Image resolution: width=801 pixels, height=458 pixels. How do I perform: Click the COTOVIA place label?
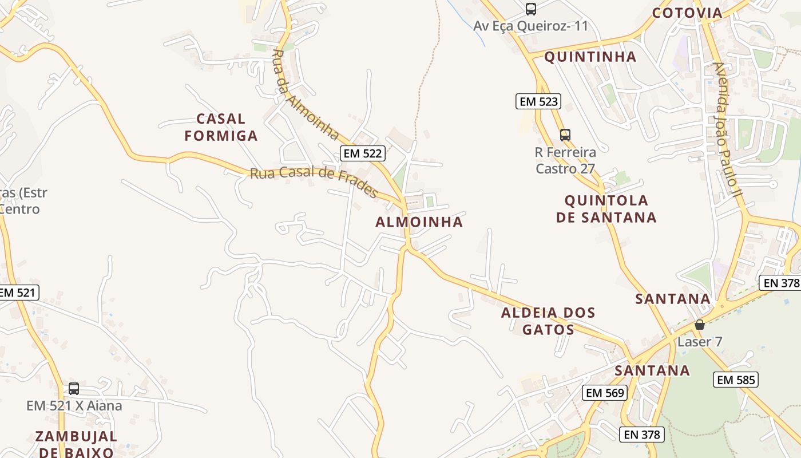click(687, 13)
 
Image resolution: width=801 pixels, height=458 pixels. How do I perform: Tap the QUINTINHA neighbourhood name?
click(590, 57)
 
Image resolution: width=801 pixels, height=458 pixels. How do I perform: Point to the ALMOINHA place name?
click(419, 222)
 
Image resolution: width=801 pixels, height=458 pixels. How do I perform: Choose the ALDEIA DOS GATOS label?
click(548, 321)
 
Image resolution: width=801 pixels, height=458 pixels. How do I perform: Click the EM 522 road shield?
click(362, 153)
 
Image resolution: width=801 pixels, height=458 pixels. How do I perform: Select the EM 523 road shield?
click(538, 102)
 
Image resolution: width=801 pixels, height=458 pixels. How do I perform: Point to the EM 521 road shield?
click(18, 293)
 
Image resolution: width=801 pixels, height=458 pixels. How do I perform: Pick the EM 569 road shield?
click(605, 393)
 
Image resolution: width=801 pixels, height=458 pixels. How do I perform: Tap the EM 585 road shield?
click(736, 380)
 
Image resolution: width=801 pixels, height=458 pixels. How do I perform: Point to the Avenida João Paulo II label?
click(727, 130)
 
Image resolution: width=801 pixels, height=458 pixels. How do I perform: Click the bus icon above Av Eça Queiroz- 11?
click(531, 9)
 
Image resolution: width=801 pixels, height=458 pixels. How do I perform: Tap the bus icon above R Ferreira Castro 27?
click(565, 135)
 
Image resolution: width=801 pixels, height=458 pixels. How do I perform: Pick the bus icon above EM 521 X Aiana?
click(74, 389)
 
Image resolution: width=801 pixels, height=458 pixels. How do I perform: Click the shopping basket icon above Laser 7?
click(699, 325)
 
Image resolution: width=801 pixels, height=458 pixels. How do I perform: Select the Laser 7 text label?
click(700, 342)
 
